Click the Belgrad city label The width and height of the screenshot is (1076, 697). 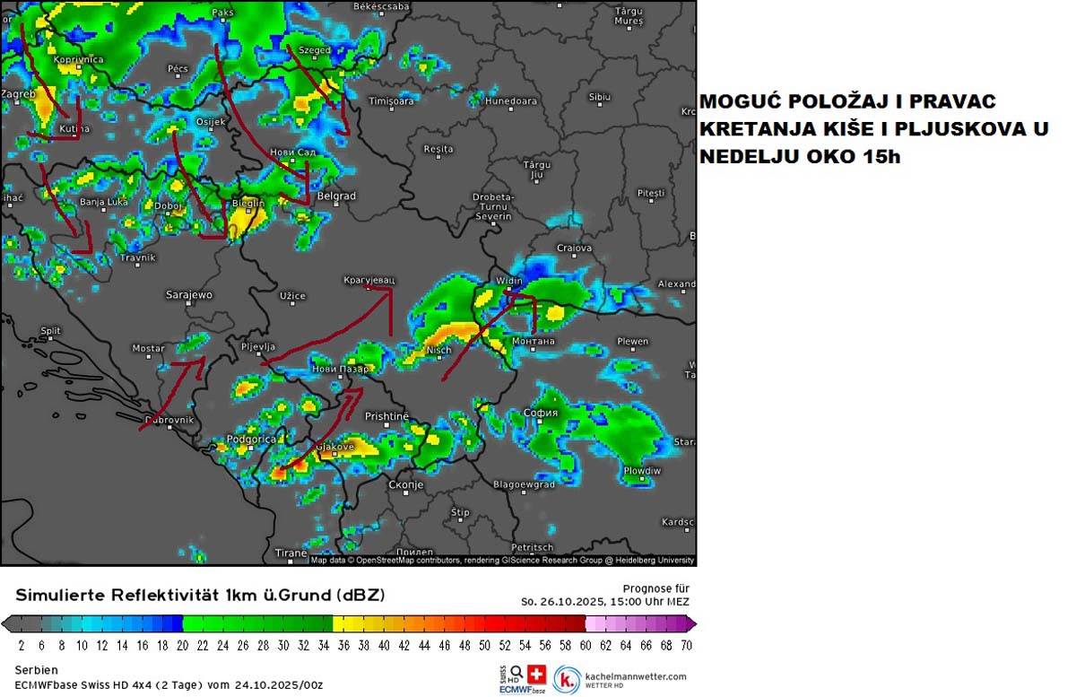click(x=336, y=196)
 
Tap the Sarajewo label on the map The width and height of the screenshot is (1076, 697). click(x=189, y=294)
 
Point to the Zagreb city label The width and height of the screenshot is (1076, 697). click(x=17, y=93)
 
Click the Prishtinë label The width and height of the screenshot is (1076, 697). click(x=386, y=416)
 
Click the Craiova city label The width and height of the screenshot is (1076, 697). click(x=574, y=248)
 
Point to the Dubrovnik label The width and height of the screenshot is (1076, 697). click(x=169, y=420)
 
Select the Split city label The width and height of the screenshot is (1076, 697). click(x=50, y=331)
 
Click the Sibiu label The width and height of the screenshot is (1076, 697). click(x=599, y=96)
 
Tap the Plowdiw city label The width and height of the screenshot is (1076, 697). click(x=642, y=470)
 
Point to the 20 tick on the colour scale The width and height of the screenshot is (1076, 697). click(x=182, y=644)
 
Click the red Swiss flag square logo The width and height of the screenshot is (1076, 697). click(x=537, y=674)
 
